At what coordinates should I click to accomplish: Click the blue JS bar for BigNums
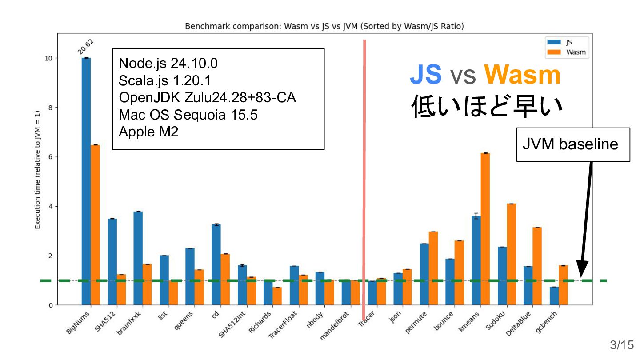86,178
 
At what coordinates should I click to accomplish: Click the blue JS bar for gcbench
554,296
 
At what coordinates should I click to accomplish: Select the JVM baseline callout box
573,144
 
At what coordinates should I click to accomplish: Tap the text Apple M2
148,132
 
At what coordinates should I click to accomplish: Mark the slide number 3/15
621,345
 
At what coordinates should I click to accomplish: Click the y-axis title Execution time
38,196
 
